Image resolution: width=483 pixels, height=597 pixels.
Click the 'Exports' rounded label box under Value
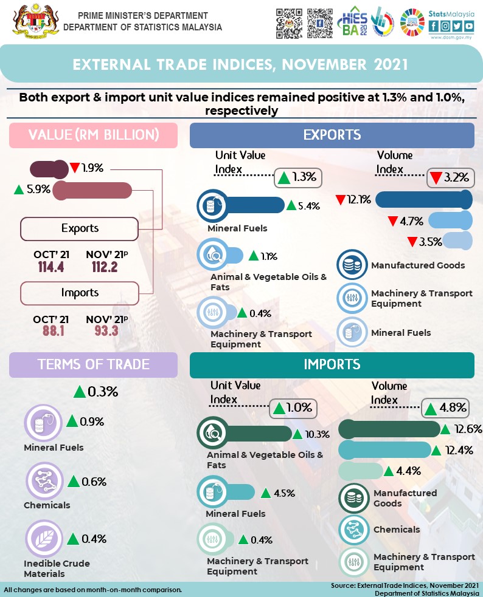[80, 228]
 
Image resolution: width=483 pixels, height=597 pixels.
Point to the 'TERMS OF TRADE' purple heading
[93, 364]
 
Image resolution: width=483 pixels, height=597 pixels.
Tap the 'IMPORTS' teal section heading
[332, 364]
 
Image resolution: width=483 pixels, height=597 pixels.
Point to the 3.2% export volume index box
[450, 178]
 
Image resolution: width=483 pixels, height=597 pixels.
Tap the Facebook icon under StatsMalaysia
[434, 26]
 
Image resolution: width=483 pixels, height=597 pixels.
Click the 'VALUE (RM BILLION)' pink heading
[93, 135]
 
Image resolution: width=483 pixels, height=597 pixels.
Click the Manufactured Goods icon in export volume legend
[352, 265]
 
